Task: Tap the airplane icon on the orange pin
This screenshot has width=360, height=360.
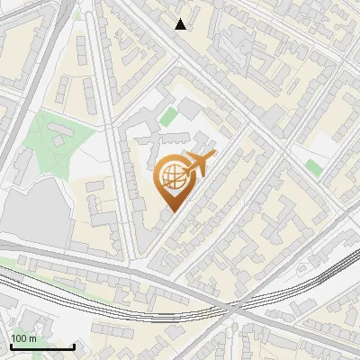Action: (198, 164)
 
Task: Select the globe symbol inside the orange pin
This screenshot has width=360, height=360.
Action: (172, 177)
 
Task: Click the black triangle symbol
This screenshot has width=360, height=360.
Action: (181, 24)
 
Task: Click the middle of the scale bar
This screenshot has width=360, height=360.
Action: (42, 346)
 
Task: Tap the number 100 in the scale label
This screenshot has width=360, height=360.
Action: (21, 338)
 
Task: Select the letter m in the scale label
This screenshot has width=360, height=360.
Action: (33, 338)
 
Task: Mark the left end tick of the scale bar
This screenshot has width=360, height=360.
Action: (11, 346)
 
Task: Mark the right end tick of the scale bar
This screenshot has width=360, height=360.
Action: (74, 346)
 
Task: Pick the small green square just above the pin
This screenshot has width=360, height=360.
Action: (168, 116)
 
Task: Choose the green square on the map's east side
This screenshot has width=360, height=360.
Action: (312, 166)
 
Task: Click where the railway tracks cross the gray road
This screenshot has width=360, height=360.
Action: (236, 310)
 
